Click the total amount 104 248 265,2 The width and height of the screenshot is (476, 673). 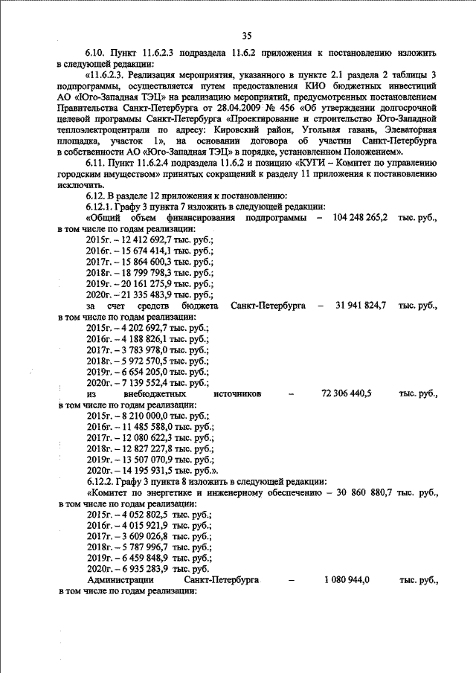point(356,219)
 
